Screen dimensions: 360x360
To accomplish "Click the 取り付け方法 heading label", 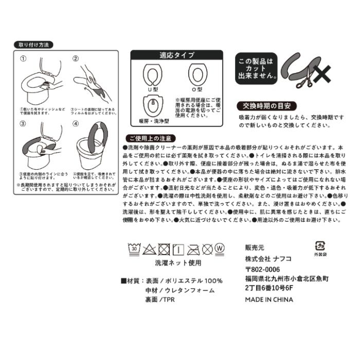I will click(33, 45).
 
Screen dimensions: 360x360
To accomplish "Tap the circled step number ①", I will click(23, 59).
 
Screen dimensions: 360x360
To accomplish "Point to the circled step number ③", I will click(23, 124).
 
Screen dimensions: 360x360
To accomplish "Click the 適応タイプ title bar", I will click(176, 55).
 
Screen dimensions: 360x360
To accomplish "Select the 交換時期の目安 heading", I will click(267, 106).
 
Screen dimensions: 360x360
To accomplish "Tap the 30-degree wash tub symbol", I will click(135, 248).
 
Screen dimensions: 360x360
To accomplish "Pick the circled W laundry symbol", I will click(220, 248).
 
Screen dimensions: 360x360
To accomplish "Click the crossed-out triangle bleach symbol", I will click(150, 249).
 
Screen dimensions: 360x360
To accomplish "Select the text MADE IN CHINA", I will click(268, 299).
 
